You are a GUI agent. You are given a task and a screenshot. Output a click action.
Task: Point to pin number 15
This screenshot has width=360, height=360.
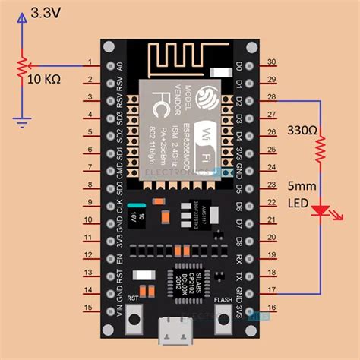click(x=89, y=308)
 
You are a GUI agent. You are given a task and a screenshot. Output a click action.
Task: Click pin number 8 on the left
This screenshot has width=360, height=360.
click(x=89, y=185)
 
